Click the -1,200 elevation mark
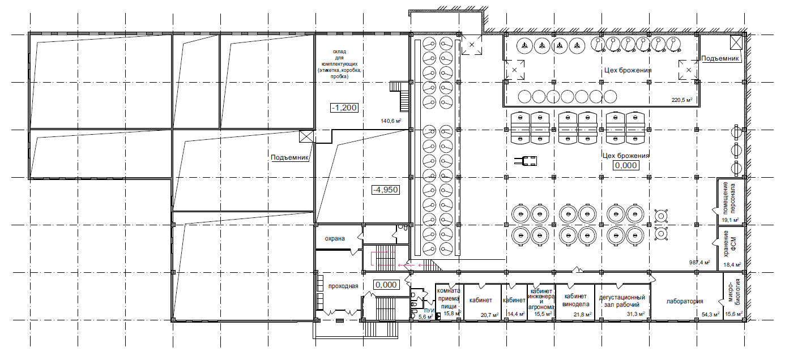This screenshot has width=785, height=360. tap(344, 108)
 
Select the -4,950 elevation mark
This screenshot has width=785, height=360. tap(386, 190)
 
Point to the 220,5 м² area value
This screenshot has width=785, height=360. tap(682, 100)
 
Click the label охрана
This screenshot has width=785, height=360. tap(335, 238)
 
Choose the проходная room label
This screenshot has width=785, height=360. tap(343, 286)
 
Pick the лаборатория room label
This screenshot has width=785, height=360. tap(685, 301)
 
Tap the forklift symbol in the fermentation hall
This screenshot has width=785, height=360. tap(526, 161)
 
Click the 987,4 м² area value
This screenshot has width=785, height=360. tap(699, 262)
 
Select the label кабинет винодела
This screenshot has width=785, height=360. tap(576, 301)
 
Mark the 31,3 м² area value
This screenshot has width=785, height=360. tap(635, 314)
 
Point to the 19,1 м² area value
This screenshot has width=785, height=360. tap(730, 220)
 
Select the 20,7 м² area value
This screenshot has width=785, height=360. tap(489, 315)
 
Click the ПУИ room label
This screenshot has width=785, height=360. tap(429, 311)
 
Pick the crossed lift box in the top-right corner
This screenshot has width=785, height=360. tap(736, 42)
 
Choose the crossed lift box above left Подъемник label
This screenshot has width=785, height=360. tap(306, 136)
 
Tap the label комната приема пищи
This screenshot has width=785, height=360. tap(449, 298)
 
